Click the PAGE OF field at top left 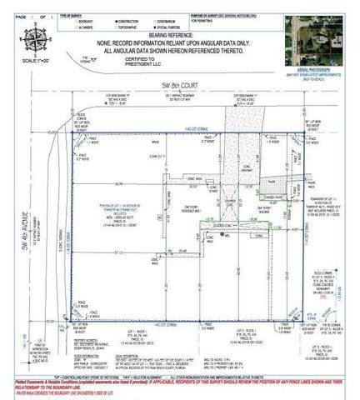(25, 6)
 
